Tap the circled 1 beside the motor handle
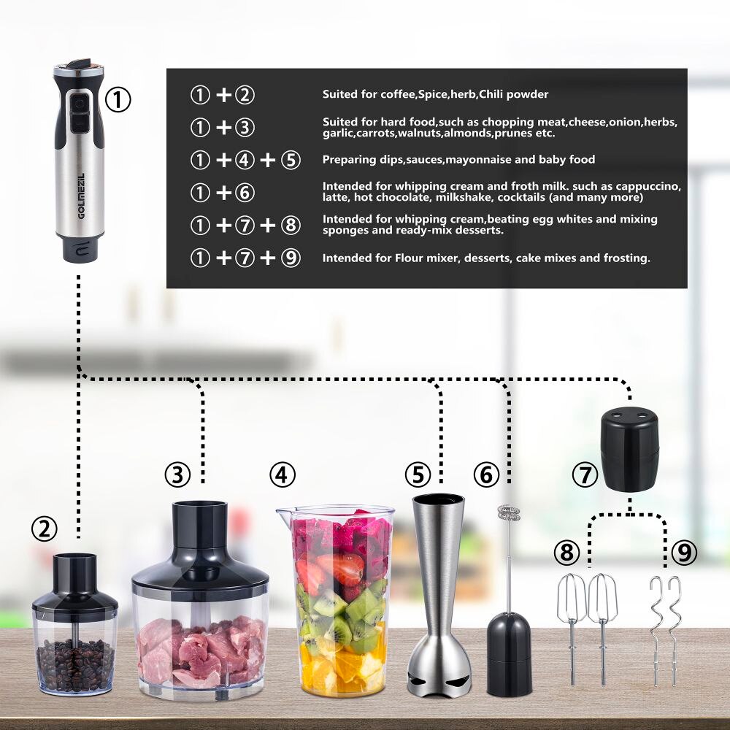(118, 99)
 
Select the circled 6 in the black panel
(245, 193)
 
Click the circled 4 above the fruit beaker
(283, 475)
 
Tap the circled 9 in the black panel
(291, 258)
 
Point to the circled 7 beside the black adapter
(585, 475)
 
